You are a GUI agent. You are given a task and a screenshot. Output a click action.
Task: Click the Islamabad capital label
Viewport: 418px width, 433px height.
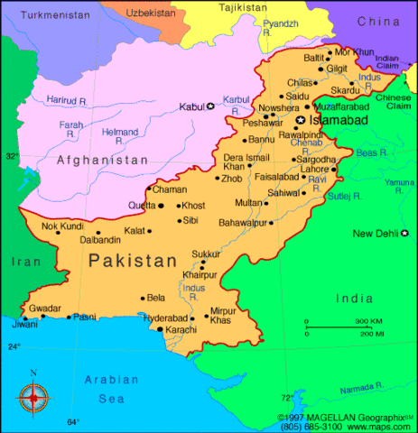pyautogui.click(x=340, y=119)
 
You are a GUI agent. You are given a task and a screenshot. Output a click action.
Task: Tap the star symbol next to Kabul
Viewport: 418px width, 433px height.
pyautogui.click(x=211, y=106)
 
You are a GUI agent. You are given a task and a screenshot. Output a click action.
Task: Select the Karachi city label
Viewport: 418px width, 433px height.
pyautogui.click(x=184, y=330)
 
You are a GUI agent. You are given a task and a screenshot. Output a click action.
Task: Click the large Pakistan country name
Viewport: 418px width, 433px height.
pyautogui.click(x=133, y=262)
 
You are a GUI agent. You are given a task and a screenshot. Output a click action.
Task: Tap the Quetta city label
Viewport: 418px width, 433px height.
pyautogui.click(x=142, y=206)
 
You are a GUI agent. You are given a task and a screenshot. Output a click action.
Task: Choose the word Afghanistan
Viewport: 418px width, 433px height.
pyautogui.click(x=102, y=160)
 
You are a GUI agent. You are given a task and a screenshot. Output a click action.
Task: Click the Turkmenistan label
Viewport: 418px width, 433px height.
pyautogui.click(x=50, y=15)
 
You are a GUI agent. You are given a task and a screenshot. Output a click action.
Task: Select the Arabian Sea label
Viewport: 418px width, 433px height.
pyautogui.click(x=107, y=388)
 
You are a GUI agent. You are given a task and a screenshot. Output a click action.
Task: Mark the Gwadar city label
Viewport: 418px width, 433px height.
pyautogui.click(x=45, y=307)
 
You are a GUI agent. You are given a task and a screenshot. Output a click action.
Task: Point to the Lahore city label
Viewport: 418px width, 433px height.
pyautogui.click(x=315, y=169)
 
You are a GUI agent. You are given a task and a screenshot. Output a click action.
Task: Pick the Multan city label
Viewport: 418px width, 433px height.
pyautogui.click(x=248, y=203)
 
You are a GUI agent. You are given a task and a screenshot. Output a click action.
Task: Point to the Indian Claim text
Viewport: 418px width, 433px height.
pyautogui.click(x=386, y=62)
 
